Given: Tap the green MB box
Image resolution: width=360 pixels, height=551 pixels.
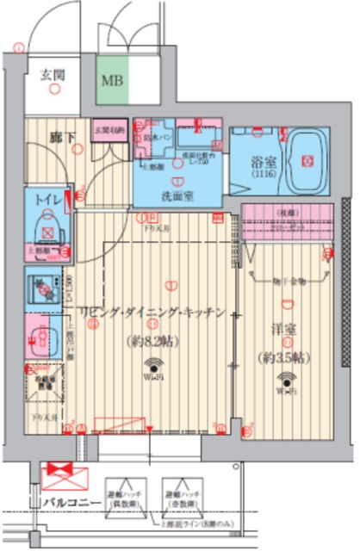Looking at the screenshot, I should pyautogui.click(x=112, y=81).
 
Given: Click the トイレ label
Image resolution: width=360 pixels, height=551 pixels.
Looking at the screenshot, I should pyautogui.click(x=47, y=200).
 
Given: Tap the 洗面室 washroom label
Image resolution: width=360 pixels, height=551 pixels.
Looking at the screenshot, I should pyautogui.click(x=177, y=196).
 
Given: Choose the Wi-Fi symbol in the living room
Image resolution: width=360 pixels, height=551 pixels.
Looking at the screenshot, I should pyautogui.click(x=154, y=366).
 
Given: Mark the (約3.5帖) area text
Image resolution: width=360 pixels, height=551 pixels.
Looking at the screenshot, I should pyautogui.click(x=284, y=356).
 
